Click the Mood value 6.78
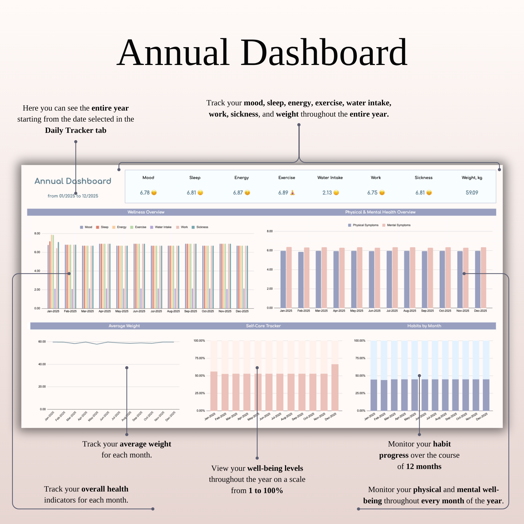pyautogui.click(x=145, y=193)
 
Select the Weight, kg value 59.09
pyautogui.click(x=472, y=193)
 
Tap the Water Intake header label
pyautogui.click(x=330, y=178)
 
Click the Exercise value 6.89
pyautogui.click(x=283, y=193)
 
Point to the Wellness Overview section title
pyautogui.click(x=146, y=212)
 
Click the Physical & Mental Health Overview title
pyautogui.click(x=380, y=212)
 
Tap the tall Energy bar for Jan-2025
pyautogui.click(x=52, y=271)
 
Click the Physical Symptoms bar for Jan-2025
pyautogui.click(x=283, y=279)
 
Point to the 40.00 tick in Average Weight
pyautogui.click(x=42, y=364)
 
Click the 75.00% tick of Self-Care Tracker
pyautogui.click(x=200, y=358)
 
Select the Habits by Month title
pyautogui.click(x=424, y=326)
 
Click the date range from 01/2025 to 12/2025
pyautogui.click(x=73, y=196)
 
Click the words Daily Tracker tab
pyautogui.click(x=76, y=130)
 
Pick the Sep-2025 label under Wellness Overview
pyautogui.click(x=190, y=311)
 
